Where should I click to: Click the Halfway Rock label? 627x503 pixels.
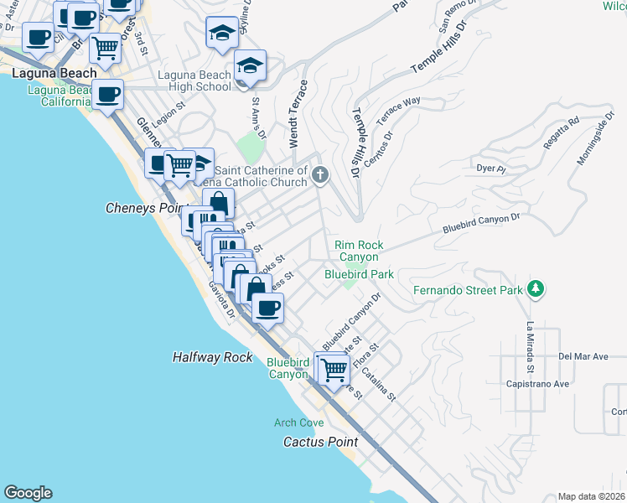212,357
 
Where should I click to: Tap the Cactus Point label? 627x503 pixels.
320,442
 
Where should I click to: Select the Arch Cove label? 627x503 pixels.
298,423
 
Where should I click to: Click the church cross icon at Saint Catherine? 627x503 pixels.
319,175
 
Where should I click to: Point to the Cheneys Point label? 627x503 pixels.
144,207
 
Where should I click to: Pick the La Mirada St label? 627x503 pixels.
530,348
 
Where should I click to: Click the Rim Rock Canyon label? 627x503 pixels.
359,251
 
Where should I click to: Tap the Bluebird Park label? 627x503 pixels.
359,274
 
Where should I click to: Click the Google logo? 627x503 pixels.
28,492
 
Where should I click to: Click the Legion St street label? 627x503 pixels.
166,108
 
